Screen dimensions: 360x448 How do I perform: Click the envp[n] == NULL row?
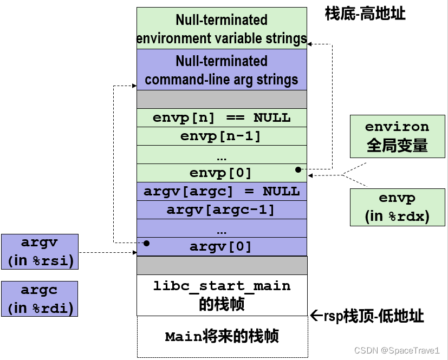(222, 117)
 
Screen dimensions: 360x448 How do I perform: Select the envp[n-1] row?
(222, 136)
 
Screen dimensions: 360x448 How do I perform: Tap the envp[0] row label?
(221, 173)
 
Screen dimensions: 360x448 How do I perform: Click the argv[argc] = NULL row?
(222, 191)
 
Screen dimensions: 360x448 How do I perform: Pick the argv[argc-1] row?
(222, 210)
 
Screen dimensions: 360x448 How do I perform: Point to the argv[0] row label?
(221, 247)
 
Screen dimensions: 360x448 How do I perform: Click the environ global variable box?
(397, 136)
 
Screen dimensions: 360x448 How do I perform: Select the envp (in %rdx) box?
(397, 207)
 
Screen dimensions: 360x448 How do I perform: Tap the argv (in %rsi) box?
(40, 252)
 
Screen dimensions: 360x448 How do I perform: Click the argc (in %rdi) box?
(40, 299)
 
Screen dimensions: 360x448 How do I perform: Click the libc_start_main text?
(222, 286)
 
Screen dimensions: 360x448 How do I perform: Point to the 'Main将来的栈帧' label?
(222, 337)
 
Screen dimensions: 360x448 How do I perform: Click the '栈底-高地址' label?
(365, 14)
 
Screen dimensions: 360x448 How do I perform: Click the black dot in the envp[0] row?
(298, 169)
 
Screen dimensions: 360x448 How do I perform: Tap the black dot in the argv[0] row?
(146, 243)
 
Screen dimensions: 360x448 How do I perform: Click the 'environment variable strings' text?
(222, 38)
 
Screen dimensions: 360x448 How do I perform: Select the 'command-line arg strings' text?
(222, 80)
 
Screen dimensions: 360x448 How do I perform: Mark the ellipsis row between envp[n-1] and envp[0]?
(222, 155)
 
